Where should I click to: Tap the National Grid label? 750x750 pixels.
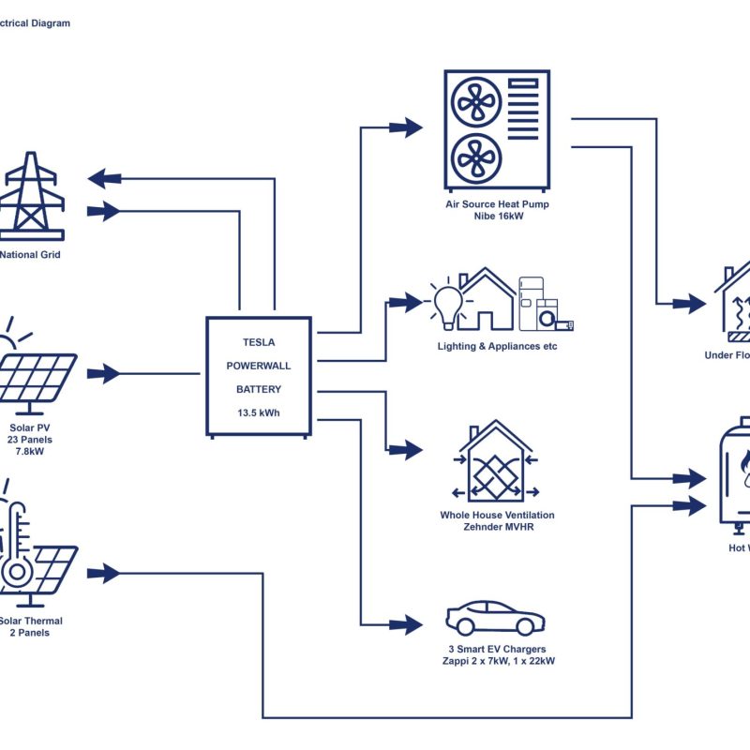(30, 254)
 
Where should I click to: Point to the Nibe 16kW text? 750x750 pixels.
(498, 216)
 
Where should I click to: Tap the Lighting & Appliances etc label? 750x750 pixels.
(497, 346)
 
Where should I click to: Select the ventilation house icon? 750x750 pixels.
(496, 461)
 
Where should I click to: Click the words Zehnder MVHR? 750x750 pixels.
(497, 527)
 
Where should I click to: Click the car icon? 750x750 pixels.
(495, 618)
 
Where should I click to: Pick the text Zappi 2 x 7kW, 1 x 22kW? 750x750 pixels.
(497, 661)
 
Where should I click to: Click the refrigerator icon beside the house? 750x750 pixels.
(532, 302)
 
